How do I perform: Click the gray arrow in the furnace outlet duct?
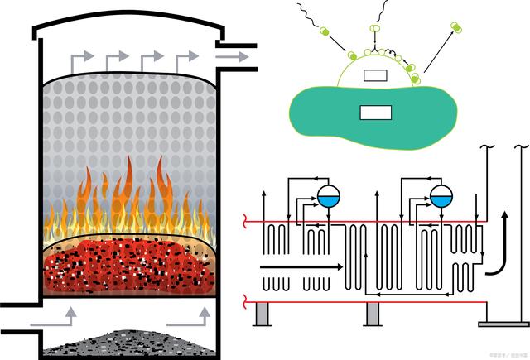(x=234, y=56)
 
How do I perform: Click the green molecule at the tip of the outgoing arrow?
(x=455, y=28)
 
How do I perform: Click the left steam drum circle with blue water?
(x=329, y=195)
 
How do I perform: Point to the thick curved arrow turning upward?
(x=496, y=252)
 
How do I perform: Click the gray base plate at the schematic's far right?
(x=502, y=324)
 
